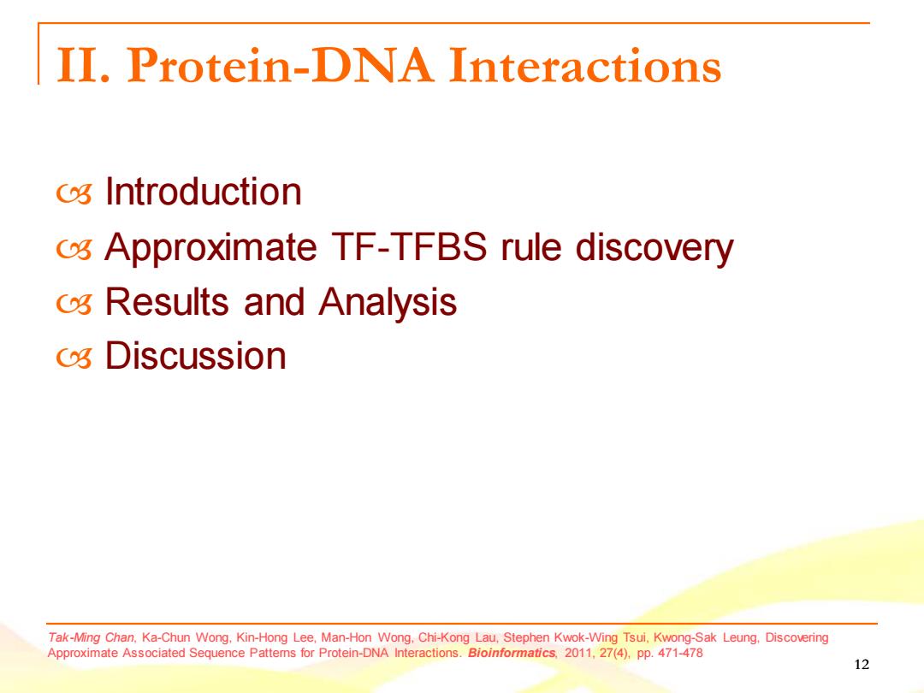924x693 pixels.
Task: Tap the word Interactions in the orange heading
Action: pyautogui.click(x=584, y=65)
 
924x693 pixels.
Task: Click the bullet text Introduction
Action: pyautogui.click(x=204, y=192)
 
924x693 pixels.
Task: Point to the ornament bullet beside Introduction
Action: pyautogui.click(x=74, y=194)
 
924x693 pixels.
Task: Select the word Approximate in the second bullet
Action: pyautogui.click(x=211, y=247)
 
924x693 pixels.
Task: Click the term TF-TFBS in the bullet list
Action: pyautogui.click(x=409, y=246)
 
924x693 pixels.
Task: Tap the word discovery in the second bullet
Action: pyautogui.click(x=654, y=247)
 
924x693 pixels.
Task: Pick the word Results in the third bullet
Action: pyautogui.click(x=167, y=302)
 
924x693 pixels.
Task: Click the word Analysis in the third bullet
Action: pyautogui.click(x=388, y=303)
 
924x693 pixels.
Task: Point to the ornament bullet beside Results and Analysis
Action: pyautogui.click(x=74, y=304)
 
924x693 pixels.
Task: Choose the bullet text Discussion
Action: pyautogui.click(x=196, y=356)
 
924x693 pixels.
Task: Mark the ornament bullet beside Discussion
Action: pyautogui.click(x=74, y=358)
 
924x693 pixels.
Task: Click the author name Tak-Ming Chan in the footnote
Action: pyautogui.click(x=91, y=637)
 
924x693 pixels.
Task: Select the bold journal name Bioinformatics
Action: pyautogui.click(x=512, y=653)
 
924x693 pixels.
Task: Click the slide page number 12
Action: pyautogui.click(x=862, y=665)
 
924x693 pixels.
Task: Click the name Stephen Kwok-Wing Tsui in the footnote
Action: pyautogui.click(x=577, y=637)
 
